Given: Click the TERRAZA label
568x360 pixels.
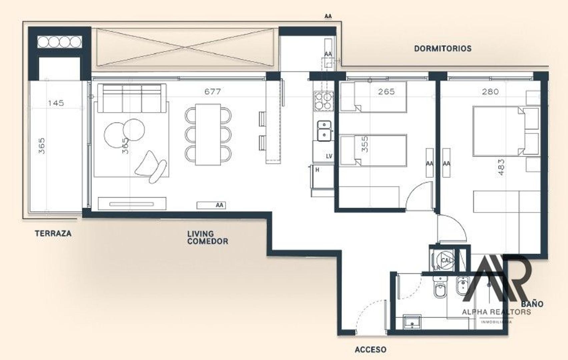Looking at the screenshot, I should point(53,233).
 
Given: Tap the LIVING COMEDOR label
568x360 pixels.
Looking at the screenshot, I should point(207,237).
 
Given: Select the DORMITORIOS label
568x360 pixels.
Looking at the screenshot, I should point(443,49).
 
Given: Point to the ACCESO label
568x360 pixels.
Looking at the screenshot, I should point(371,350).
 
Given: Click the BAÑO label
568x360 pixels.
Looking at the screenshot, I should point(532,304).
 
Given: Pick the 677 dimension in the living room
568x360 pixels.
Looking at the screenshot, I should point(212,91).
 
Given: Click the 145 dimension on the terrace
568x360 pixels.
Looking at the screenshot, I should point(56,103).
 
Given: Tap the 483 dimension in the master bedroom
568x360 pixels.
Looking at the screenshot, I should point(501,167).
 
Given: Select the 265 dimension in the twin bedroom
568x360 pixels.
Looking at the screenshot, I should point(386,91).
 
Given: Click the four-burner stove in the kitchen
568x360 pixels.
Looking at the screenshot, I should point(324,101).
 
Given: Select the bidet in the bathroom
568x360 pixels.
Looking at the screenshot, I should point(462,286).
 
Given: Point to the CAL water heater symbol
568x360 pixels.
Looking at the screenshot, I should point(445,260).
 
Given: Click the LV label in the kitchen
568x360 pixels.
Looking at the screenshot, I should point(329,156).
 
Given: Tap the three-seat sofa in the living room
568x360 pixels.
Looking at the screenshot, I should point(132,98).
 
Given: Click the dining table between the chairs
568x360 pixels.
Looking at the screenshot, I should point(208,134).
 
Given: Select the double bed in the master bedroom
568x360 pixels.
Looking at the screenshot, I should point(499,131).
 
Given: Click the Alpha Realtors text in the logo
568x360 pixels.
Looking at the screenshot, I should point(496,312).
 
